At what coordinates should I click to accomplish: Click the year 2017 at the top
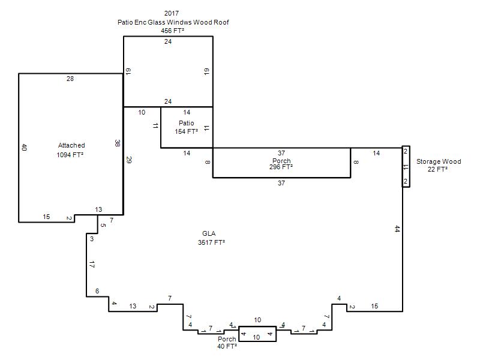(x=172, y=13)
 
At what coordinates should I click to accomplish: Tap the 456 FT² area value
(x=172, y=31)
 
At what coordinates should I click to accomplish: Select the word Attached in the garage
(x=71, y=145)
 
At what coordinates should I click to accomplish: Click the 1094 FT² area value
(x=70, y=155)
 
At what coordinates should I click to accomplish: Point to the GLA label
(x=209, y=233)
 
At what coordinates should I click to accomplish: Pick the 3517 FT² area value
(x=212, y=242)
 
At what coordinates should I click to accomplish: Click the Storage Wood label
(x=439, y=161)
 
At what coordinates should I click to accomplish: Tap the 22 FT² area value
(x=437, y=169)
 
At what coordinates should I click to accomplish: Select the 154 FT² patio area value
(x=186, y=131)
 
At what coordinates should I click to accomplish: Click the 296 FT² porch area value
(x=281, y=167)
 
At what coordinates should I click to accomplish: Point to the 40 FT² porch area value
(x=227, y=347)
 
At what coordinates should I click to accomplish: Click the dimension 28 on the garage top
(x=70, y=79)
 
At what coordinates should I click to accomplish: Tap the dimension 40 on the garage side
(x=25, y=147)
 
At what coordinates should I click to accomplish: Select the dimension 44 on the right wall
(x=397, y=229)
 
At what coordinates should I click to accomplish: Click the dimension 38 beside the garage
(x=117, y=143)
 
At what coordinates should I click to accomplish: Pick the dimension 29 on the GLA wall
(x=128, y=160)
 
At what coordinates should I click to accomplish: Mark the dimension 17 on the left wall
(x=92, y=265)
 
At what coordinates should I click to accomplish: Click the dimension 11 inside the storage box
(x=406, y=167)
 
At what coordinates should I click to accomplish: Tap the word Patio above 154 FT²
(x=187, y=123)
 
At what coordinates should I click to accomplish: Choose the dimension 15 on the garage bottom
(x=46, y=217)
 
